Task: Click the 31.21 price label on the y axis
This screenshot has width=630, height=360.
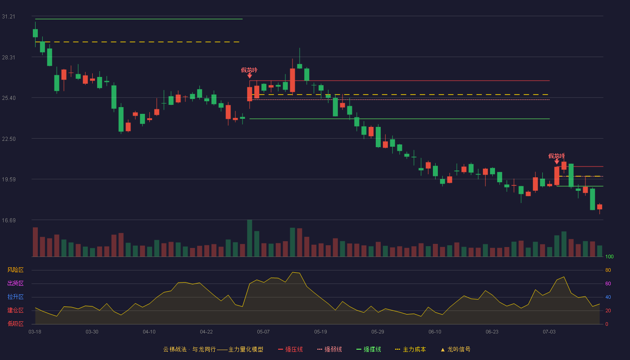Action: click(9, 17)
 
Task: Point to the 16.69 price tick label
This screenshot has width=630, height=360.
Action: click(9, 220)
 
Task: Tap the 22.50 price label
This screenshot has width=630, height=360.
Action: click(9, 139)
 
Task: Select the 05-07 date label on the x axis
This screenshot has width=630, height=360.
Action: click(263, 332)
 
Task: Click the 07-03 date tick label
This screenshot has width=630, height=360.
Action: click(549, 332)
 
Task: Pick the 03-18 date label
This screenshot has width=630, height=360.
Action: click(35, 332)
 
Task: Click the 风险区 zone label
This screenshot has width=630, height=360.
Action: click(15, 270)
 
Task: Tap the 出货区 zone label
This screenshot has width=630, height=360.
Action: click(15, 283)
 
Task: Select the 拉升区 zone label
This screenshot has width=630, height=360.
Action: click(15, 297)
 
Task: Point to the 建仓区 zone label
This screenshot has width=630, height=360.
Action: click(15, 310)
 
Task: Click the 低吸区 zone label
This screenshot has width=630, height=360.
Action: click(15, 324)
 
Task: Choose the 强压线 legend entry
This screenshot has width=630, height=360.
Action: click(290, 349)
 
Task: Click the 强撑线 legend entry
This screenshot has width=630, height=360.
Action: click(369, 349)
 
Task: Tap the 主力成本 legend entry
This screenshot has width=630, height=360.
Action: click(410, 349)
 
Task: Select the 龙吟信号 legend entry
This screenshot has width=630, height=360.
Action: click(455, 349)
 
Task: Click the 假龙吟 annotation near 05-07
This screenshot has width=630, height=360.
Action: click(249, 70)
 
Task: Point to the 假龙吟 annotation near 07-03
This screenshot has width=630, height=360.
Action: click(556, 156)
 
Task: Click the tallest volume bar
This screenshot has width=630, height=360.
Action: click(249, 238)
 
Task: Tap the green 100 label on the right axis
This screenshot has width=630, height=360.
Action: click(609, 256)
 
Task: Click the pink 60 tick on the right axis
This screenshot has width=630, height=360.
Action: click(608, 283)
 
